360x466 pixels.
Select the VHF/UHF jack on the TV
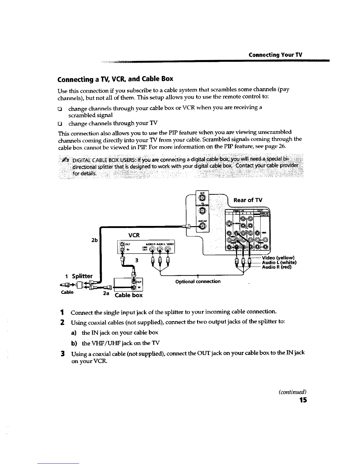click(x=203, y=226)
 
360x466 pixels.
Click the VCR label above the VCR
click(x=134, y=235)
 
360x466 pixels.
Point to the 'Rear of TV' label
click(x=248, y=200)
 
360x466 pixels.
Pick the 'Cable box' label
click(x=129, y=295)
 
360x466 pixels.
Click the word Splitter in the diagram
click(x=82, y=276)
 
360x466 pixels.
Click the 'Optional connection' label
click(x=198, y=282)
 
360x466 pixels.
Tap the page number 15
click(x=303, y=400)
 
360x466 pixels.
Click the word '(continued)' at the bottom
click(x=293, y=392)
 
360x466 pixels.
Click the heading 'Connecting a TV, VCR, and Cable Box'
click(x=115, y=79)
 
